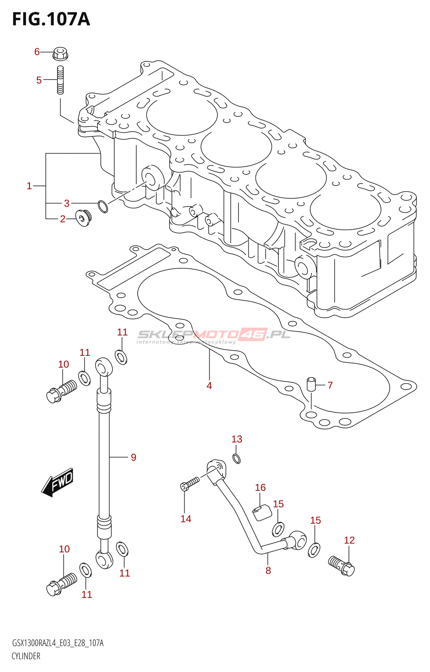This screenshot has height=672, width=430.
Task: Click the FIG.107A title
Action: pos(51,19)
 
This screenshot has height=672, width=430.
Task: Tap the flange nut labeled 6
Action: pos(60,54)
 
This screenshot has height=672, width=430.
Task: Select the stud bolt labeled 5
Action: pos(60,80)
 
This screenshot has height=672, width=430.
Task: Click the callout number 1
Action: pos(29,186)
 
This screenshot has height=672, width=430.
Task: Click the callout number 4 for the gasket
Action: pos(209,386)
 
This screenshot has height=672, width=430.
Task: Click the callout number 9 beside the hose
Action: pos(134,457)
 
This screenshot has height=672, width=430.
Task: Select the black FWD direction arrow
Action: pos(58,482)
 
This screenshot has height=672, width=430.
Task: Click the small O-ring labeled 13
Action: pos(237,458)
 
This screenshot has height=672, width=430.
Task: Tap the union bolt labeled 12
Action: pos(342,565)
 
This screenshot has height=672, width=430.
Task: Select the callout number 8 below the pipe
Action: pos(268,570)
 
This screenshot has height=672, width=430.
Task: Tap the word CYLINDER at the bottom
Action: pos(26,656)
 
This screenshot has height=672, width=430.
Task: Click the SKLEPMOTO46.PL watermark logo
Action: pos(214,335)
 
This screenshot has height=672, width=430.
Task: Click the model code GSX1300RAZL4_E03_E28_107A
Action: pos(58,643)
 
